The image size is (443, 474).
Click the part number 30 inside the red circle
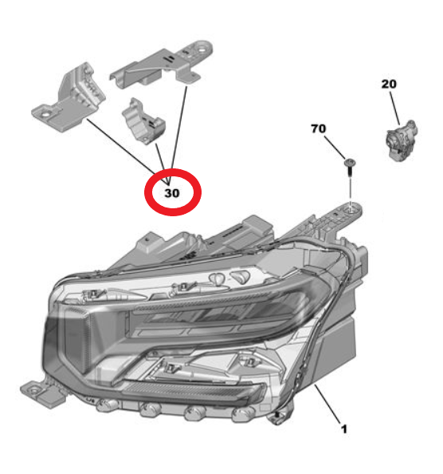(172, 192)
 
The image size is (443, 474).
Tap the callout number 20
(388, 84)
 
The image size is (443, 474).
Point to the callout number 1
(343, 429)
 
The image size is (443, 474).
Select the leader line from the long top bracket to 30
(180, 128)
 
